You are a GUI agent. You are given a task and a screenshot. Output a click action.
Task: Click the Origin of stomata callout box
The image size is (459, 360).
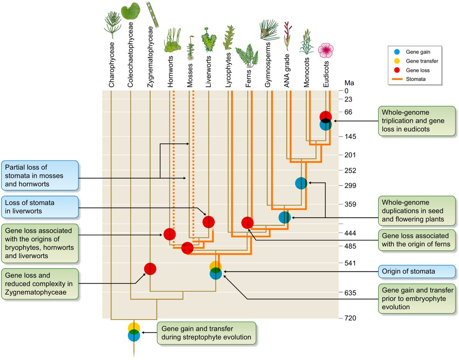pos(417,271)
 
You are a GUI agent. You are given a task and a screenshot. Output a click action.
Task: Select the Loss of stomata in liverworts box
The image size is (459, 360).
pos(40,207)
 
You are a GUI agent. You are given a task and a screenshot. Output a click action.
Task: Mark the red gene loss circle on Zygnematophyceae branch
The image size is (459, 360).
pos(150,269)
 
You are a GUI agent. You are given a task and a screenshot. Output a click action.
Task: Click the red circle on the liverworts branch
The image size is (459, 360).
pos(208,222)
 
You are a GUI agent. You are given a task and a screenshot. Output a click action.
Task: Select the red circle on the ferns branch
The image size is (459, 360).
pos(247,222)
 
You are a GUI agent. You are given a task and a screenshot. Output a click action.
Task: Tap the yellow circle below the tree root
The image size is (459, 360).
pos(134,328)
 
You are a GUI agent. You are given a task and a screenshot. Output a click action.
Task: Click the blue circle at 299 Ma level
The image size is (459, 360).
pos(301,183)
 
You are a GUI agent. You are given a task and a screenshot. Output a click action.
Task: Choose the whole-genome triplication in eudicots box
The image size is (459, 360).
pos(417,121)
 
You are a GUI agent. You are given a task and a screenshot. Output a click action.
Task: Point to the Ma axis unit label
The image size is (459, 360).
pos(349,83)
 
